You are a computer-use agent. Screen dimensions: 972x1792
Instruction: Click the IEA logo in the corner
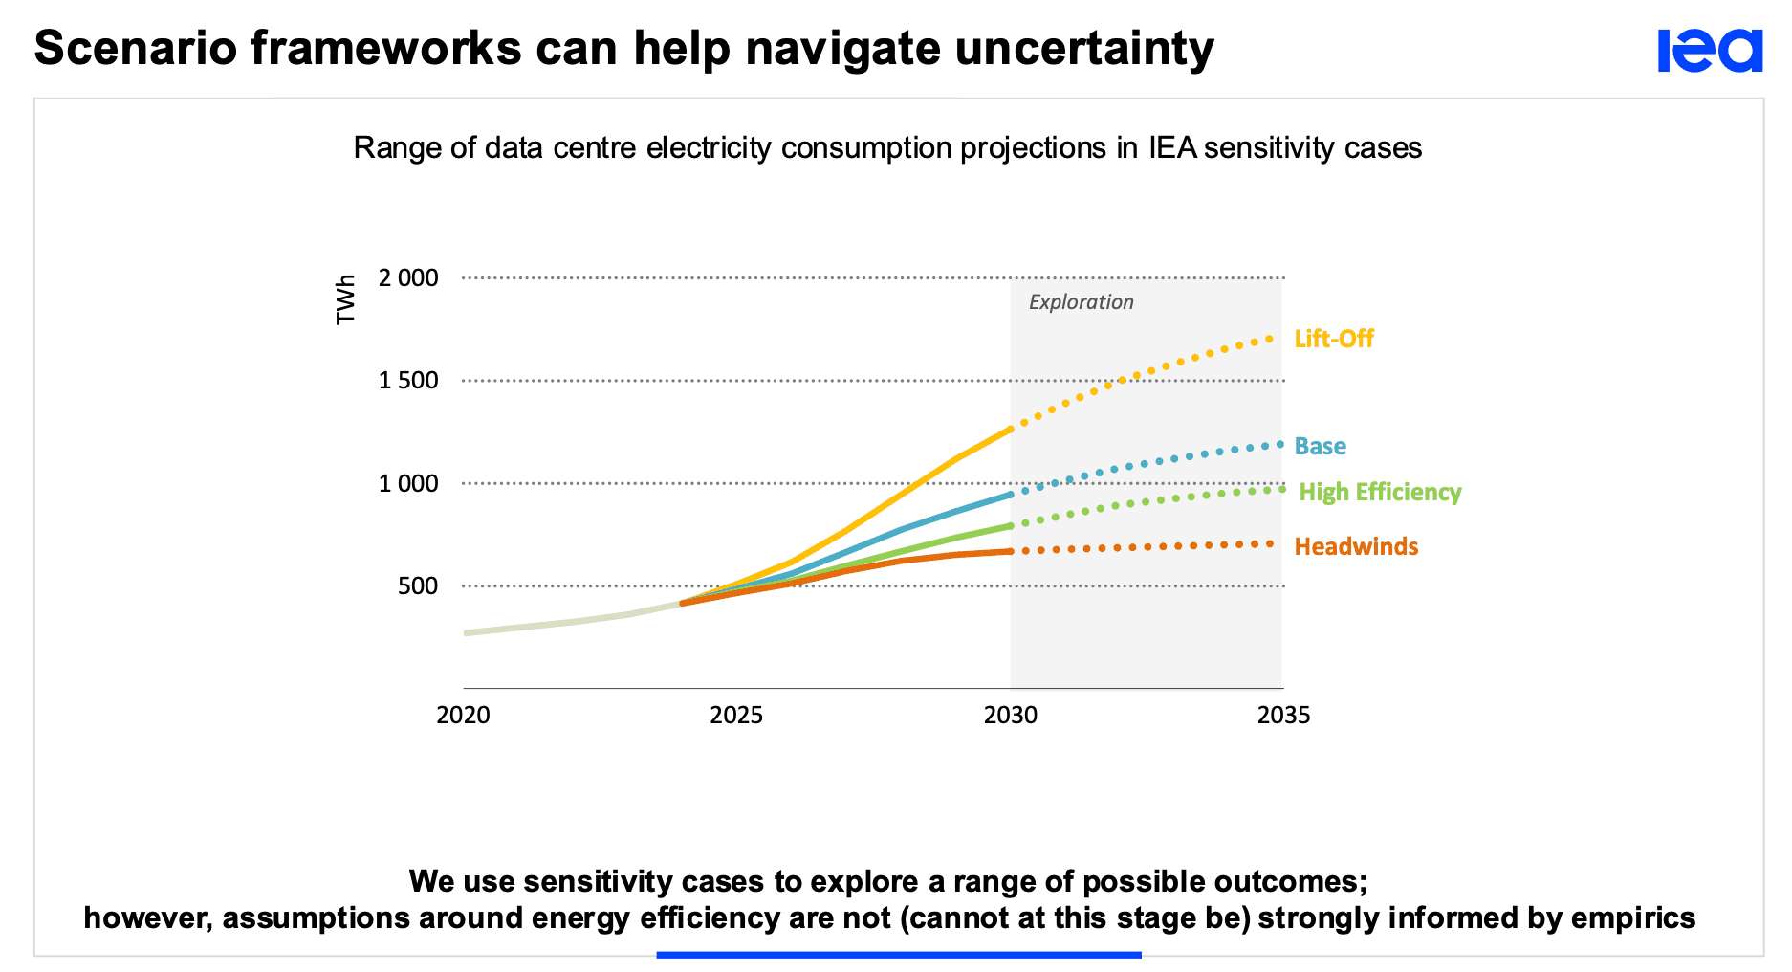tap(1709, 51)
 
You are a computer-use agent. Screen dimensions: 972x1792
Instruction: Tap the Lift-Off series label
tap(1333, 339)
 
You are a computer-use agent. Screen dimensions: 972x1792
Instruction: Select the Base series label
tap(1320, 447)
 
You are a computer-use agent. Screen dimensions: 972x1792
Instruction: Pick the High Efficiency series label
tap(1380, 493)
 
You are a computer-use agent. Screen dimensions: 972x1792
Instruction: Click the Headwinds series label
tap(1356, 547)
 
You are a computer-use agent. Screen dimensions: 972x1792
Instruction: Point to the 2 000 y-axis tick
tap(408, 278)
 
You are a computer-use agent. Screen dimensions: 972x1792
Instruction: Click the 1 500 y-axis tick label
tap(408, 381)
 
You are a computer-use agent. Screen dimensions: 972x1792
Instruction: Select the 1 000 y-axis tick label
tap(408, 484)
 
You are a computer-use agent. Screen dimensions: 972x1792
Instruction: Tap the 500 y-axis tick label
tap(418, 586)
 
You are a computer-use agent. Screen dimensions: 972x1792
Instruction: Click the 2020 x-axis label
tap(463, 716)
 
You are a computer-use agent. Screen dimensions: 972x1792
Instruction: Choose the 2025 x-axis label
tap(736, 716)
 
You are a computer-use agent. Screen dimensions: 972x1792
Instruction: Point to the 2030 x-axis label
tap(1011, 716)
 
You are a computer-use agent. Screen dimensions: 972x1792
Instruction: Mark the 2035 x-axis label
tap(1283, 716)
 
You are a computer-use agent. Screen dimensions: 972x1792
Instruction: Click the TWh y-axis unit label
tap(346, 299)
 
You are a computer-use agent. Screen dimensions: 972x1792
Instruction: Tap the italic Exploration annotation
tap(1081, 302)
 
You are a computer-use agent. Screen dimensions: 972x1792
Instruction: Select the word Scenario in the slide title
tap(135, 49)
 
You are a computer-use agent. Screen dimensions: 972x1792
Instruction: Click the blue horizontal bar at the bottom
tap(899, 955)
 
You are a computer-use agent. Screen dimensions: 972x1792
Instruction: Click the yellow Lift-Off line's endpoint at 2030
tap(1011, 430)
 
